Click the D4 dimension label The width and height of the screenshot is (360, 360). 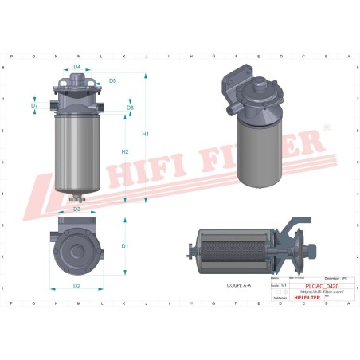pos(77,68)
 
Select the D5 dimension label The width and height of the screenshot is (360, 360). pos(112,81)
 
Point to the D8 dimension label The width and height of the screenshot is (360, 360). pos(130,107)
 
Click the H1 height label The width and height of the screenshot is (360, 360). pos(146,134)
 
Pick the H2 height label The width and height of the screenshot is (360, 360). pos(125,151)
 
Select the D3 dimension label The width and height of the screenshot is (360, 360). pos(77,209)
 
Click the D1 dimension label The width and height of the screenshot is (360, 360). pos(125,246)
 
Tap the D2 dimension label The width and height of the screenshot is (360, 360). pos(76,285)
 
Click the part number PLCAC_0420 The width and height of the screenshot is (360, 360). pos(322,285)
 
